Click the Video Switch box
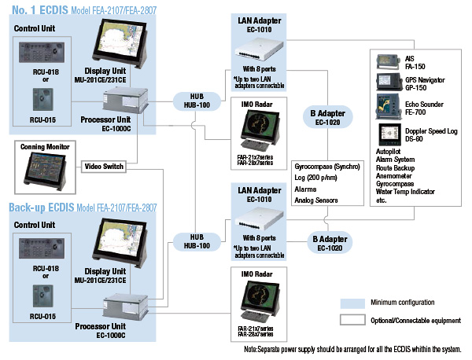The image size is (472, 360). coord(104,167)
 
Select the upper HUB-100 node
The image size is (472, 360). coord(197,101)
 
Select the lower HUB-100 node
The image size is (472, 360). coord(197,241)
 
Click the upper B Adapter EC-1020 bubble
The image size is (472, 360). coord(327,118)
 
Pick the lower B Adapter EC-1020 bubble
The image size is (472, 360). coord(330,243)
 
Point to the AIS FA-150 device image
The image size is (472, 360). coord(389,62)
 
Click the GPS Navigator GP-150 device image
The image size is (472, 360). coord(389,82)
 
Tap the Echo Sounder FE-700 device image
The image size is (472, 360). coord(389,107)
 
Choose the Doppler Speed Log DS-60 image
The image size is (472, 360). coord(390,134)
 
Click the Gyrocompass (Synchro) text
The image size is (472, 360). coord(327,167)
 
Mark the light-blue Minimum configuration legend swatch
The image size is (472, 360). coord(352,303)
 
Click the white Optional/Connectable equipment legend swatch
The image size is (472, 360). coord(352,320)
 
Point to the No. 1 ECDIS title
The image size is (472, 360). coord(40,10)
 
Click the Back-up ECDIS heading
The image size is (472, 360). coord(42,208)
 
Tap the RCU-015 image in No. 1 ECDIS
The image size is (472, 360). coord(43,100)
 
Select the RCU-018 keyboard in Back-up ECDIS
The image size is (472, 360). coord(42,248)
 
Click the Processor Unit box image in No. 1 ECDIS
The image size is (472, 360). coord(126,100)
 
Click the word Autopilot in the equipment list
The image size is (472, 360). coord(389,151)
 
